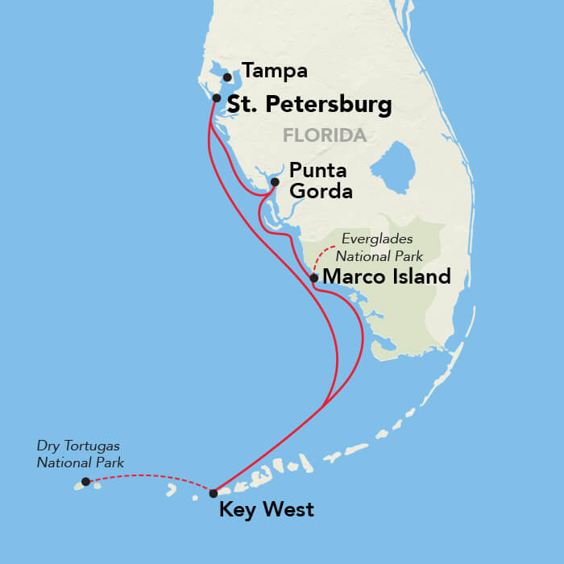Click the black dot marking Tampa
pyautogui.click(x=227, y=78)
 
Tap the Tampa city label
pyautogui.click(x=275, y=71)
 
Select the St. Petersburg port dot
pyautogui.click(x=217, y=97)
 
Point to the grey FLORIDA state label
pyautogui.click(x=325, y=135)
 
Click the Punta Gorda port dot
pyautogui.click(x=275, y=182)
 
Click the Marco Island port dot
pyautogui.click(x=313, y=278)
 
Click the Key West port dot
pyautogui.click(x=214, y=493)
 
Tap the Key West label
pyautogui.click(x=267, y=510)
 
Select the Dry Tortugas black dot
pyautogui.click(x=85, y=482)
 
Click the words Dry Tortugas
pyautogui.click(x=72, y=445)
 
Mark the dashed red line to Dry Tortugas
pyautogui.click(x=149, y=476)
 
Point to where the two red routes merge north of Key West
pyautogui.click(x=323, y=405)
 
